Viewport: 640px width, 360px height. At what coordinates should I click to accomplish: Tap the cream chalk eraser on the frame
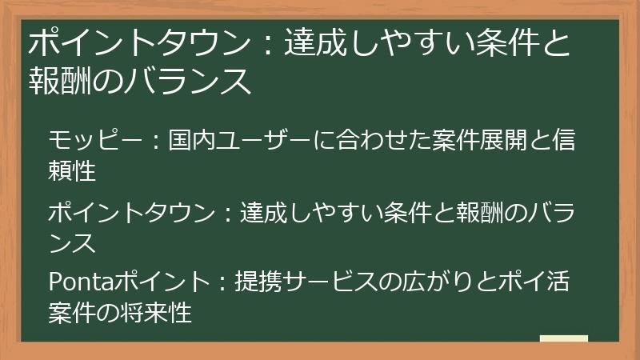563,339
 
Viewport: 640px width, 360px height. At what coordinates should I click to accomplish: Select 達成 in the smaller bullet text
264,212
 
